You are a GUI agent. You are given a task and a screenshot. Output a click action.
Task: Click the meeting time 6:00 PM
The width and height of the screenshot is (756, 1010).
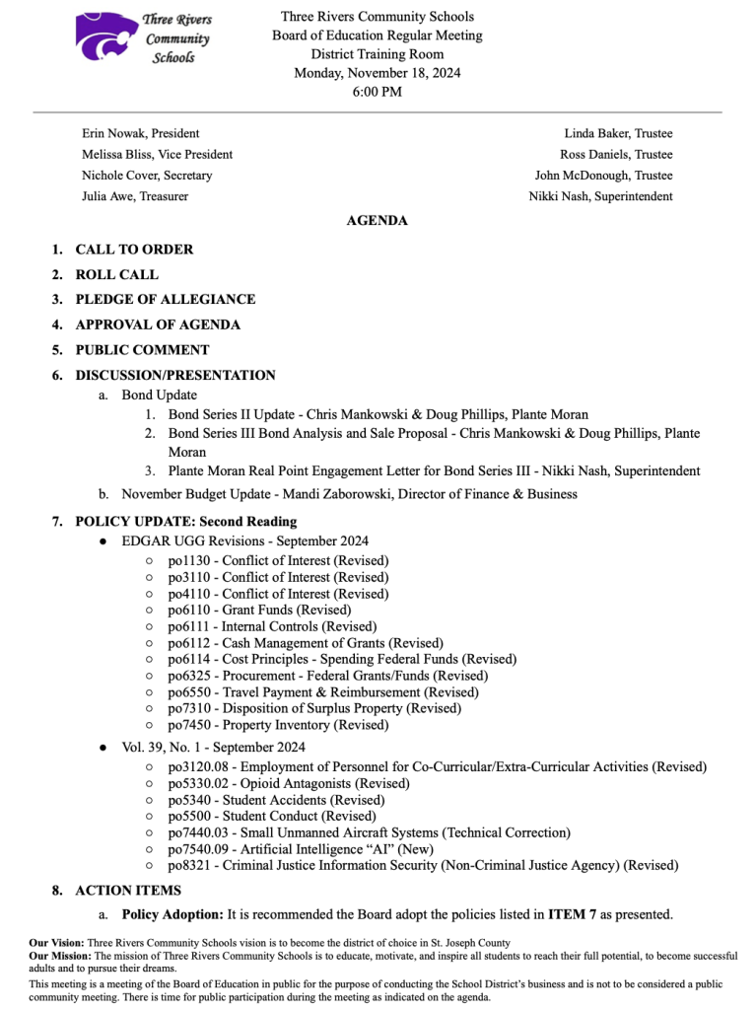click(377, 92)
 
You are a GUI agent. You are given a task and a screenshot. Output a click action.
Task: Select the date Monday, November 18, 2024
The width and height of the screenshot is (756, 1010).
click(377, 73)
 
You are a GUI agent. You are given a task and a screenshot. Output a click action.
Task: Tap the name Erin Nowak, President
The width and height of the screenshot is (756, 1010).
click(140, 133)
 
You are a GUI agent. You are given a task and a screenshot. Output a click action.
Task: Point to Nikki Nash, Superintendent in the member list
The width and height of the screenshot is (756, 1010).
click(600, 196)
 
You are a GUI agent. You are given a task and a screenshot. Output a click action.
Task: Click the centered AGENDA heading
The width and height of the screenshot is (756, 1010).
click(377, 221)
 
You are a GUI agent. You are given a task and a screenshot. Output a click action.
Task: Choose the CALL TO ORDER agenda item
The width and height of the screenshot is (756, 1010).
click(134, 250)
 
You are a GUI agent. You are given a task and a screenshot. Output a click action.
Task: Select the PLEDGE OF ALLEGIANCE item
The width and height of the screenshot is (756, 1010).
click(165, 299)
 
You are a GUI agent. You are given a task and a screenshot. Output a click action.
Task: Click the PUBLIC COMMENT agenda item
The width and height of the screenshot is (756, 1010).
click(142, 349)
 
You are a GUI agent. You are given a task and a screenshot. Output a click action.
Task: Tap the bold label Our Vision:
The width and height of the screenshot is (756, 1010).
click(56, 943)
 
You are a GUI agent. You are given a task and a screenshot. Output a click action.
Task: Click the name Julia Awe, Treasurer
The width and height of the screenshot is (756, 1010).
click(135, 196)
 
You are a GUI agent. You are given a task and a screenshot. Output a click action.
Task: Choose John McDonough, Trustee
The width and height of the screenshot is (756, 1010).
click(603, 176)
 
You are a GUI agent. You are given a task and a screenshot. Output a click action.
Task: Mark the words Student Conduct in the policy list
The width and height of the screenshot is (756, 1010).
click(267, 816)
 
